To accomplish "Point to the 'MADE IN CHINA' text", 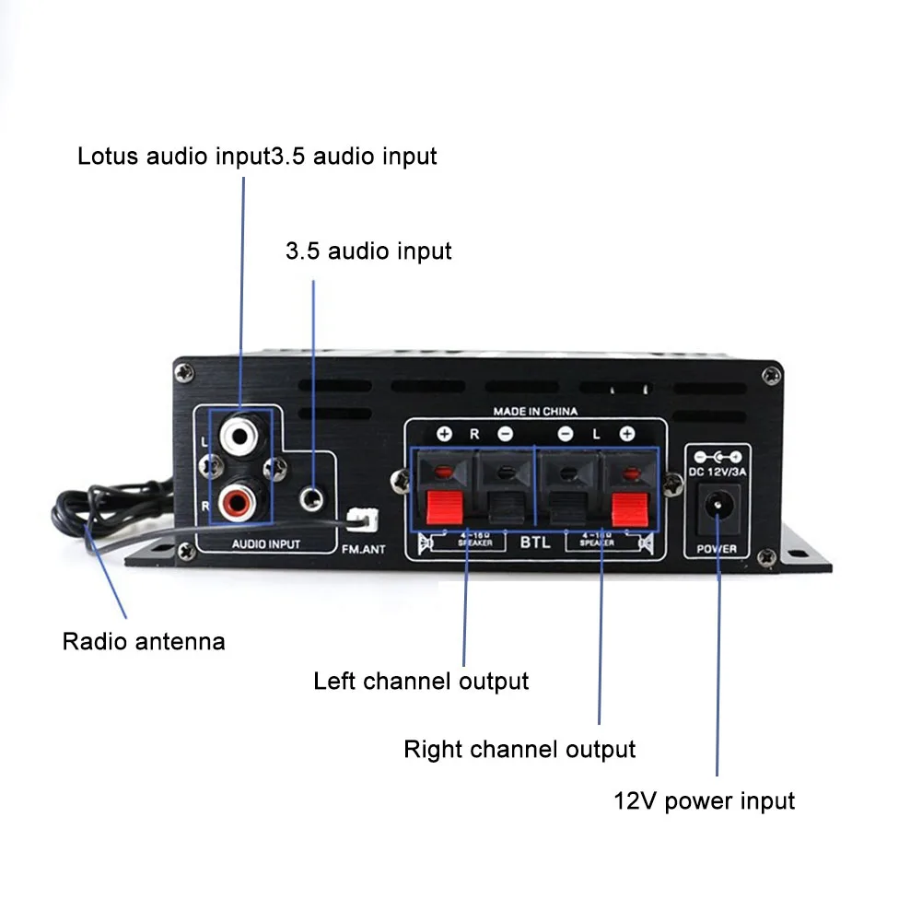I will point(535,412).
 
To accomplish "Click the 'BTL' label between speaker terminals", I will point(535,543).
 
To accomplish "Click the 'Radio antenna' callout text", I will point(144,641).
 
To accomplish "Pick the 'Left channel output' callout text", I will point(421,682).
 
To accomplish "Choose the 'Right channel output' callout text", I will point(519,749).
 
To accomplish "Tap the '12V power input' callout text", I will point(704,800).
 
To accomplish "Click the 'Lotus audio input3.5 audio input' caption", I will point(257,156).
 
